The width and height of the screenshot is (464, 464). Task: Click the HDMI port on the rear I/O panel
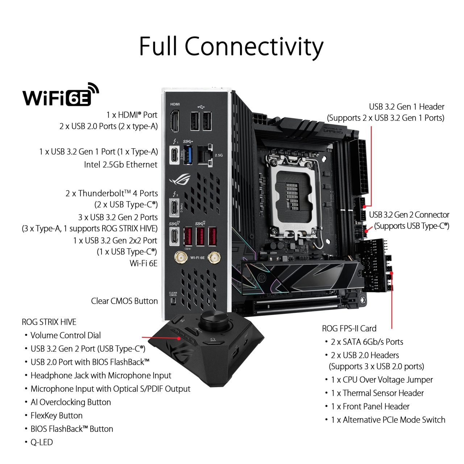tap(175, 121)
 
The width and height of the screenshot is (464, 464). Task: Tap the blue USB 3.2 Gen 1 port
tap(188, 155)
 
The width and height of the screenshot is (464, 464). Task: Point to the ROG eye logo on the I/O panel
tap(180, 179)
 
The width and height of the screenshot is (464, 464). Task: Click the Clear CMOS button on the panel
tap(173, 301)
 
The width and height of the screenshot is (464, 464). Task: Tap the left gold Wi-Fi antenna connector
tap(181, 258)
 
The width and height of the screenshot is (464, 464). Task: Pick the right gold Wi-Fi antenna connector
tap(214, 258)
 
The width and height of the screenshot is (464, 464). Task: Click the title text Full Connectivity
tap(231, 46)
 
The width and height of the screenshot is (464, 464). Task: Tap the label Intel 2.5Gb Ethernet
tap(121, 165)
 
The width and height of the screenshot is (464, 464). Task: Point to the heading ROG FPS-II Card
tap(349, 328)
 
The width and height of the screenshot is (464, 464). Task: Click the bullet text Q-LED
tap(42, 442)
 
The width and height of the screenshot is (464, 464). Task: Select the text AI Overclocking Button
tap(71, 402)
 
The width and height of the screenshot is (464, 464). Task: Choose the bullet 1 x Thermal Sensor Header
tap(377, 393)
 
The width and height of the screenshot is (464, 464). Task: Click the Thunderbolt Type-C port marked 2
tap(174, 207)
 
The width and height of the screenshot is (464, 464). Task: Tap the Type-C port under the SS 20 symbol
tap(174, 236)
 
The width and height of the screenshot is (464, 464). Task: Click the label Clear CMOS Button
tap(124, 301)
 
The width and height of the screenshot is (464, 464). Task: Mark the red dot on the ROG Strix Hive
tap(179, 338)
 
